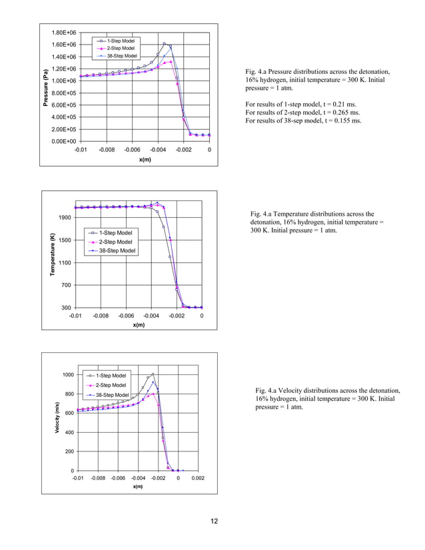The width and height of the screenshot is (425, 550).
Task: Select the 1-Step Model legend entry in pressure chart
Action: coord(121,41)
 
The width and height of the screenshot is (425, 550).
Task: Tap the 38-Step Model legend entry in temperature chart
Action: coord(117,250)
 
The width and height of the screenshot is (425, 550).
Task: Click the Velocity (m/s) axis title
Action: coord(58,419)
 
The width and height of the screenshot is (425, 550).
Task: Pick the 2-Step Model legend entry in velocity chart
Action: coord(111,385)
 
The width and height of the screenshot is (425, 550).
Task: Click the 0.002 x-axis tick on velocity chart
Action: coord(198,478)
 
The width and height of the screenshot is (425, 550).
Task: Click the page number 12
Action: coord(212,521)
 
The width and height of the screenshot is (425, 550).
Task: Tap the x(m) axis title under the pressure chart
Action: coord(145,159)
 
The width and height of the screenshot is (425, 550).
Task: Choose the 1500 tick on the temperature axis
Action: coord(64,240)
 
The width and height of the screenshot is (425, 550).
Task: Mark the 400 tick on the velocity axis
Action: coord(69,432)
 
